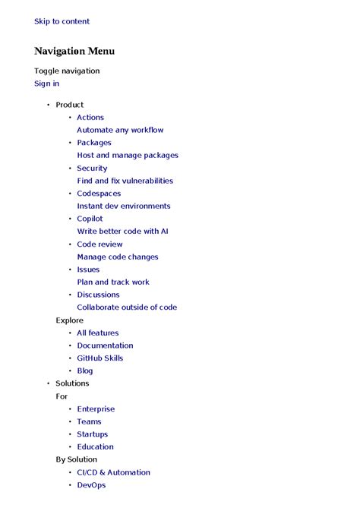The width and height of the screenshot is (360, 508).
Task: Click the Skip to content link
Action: click(x=62, y=21)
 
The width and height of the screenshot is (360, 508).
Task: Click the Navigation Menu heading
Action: click(x=74, y=51)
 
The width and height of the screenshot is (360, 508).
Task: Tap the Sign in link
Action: click(x=46, y=84)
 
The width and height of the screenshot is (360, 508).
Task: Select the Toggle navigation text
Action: click(x=67, y=71)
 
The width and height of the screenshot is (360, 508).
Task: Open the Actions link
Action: click(x=90, y=118)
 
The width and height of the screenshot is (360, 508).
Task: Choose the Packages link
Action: click(x=94, y=143)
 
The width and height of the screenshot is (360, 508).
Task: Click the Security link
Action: click(x=92, y=169)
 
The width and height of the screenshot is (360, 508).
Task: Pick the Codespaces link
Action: click(x=99, y=194)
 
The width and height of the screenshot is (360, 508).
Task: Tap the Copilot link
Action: click(x=90, y=219)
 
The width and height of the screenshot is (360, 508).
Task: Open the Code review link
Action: click(x=99, y=245)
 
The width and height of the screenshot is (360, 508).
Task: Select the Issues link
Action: click(x=88, y=270)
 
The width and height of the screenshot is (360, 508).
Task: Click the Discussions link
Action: click(x=98, y=295)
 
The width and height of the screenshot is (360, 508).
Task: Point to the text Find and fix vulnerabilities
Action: click(x=125, y=181)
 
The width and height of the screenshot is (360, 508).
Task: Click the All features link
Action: click(x=98, y=333)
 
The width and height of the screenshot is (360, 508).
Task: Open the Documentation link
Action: click(x=105, y=346)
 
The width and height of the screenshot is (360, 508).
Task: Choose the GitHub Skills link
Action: click(x=99, y=358)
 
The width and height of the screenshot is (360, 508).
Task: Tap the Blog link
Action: click(x=85, y=371)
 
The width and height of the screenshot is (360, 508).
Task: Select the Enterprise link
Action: click(x=96, y=409)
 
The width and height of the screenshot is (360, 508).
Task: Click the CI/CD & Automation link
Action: click(x=113, y=472)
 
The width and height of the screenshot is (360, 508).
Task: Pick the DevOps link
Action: click(x=91, y=485)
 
